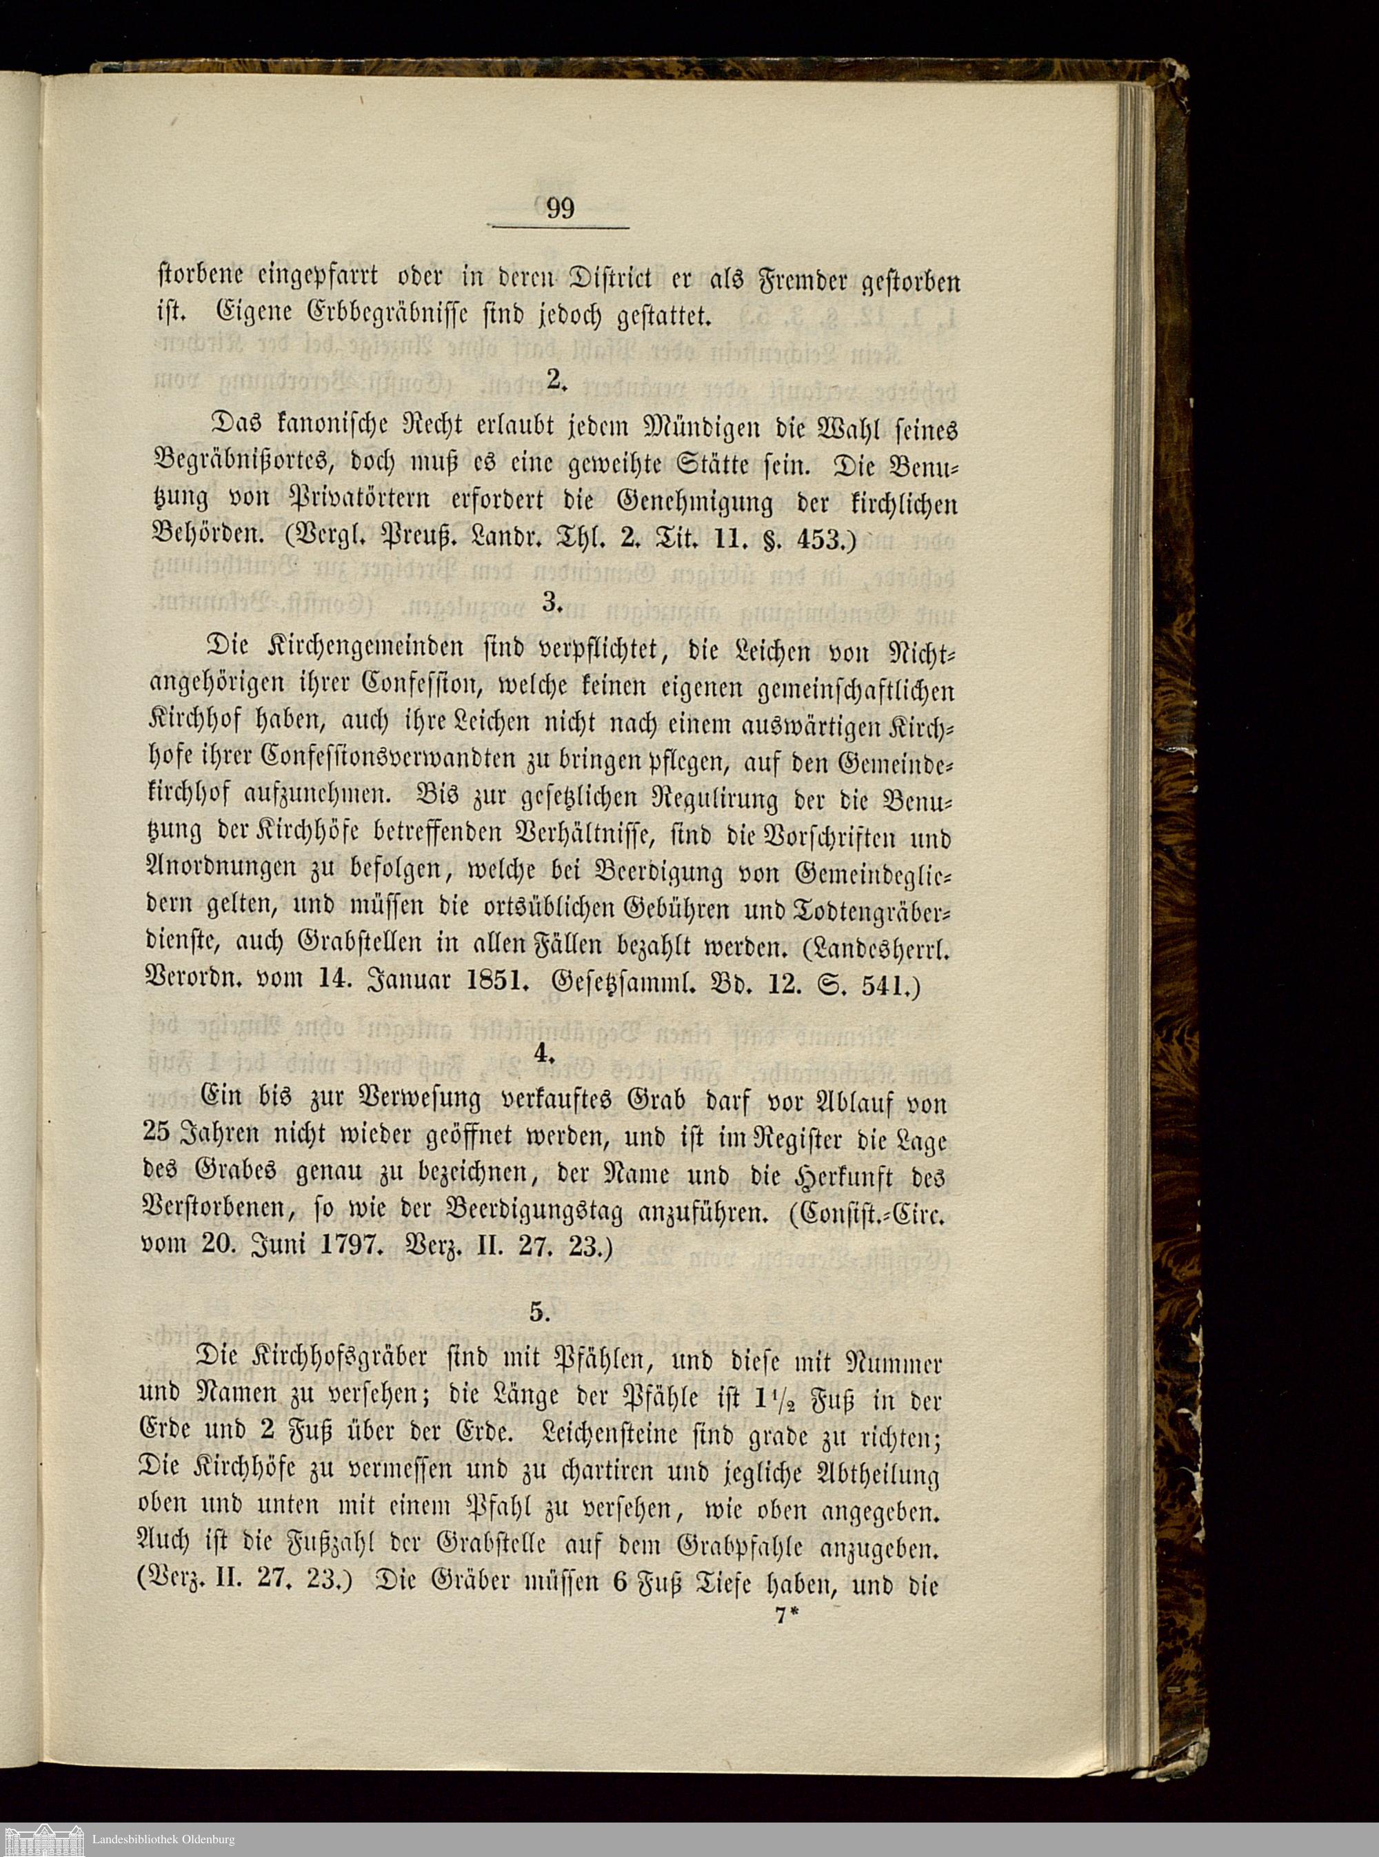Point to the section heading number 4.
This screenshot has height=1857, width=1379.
pos(544,1053)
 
